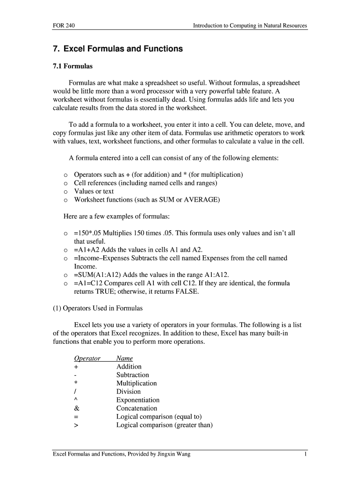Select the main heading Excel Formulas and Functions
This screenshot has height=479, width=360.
tap(117, 49)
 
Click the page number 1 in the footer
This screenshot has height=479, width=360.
tap(305, 454)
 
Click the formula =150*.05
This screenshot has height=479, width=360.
tap(89, 233)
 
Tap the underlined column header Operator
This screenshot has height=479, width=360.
tap(87, 358)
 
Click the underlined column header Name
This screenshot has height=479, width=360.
tap(124, 358)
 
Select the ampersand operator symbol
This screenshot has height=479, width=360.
tap(77, 408)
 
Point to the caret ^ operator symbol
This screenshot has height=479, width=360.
tap(75, 400)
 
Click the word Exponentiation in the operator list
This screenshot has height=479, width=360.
tap(138, 400)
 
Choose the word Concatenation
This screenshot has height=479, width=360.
tap(137, 408)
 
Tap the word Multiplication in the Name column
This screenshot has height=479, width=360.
tap(137, 383)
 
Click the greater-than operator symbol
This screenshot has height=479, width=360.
tap(76, 425)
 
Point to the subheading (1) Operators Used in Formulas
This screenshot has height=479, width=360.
tap(98, 308)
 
